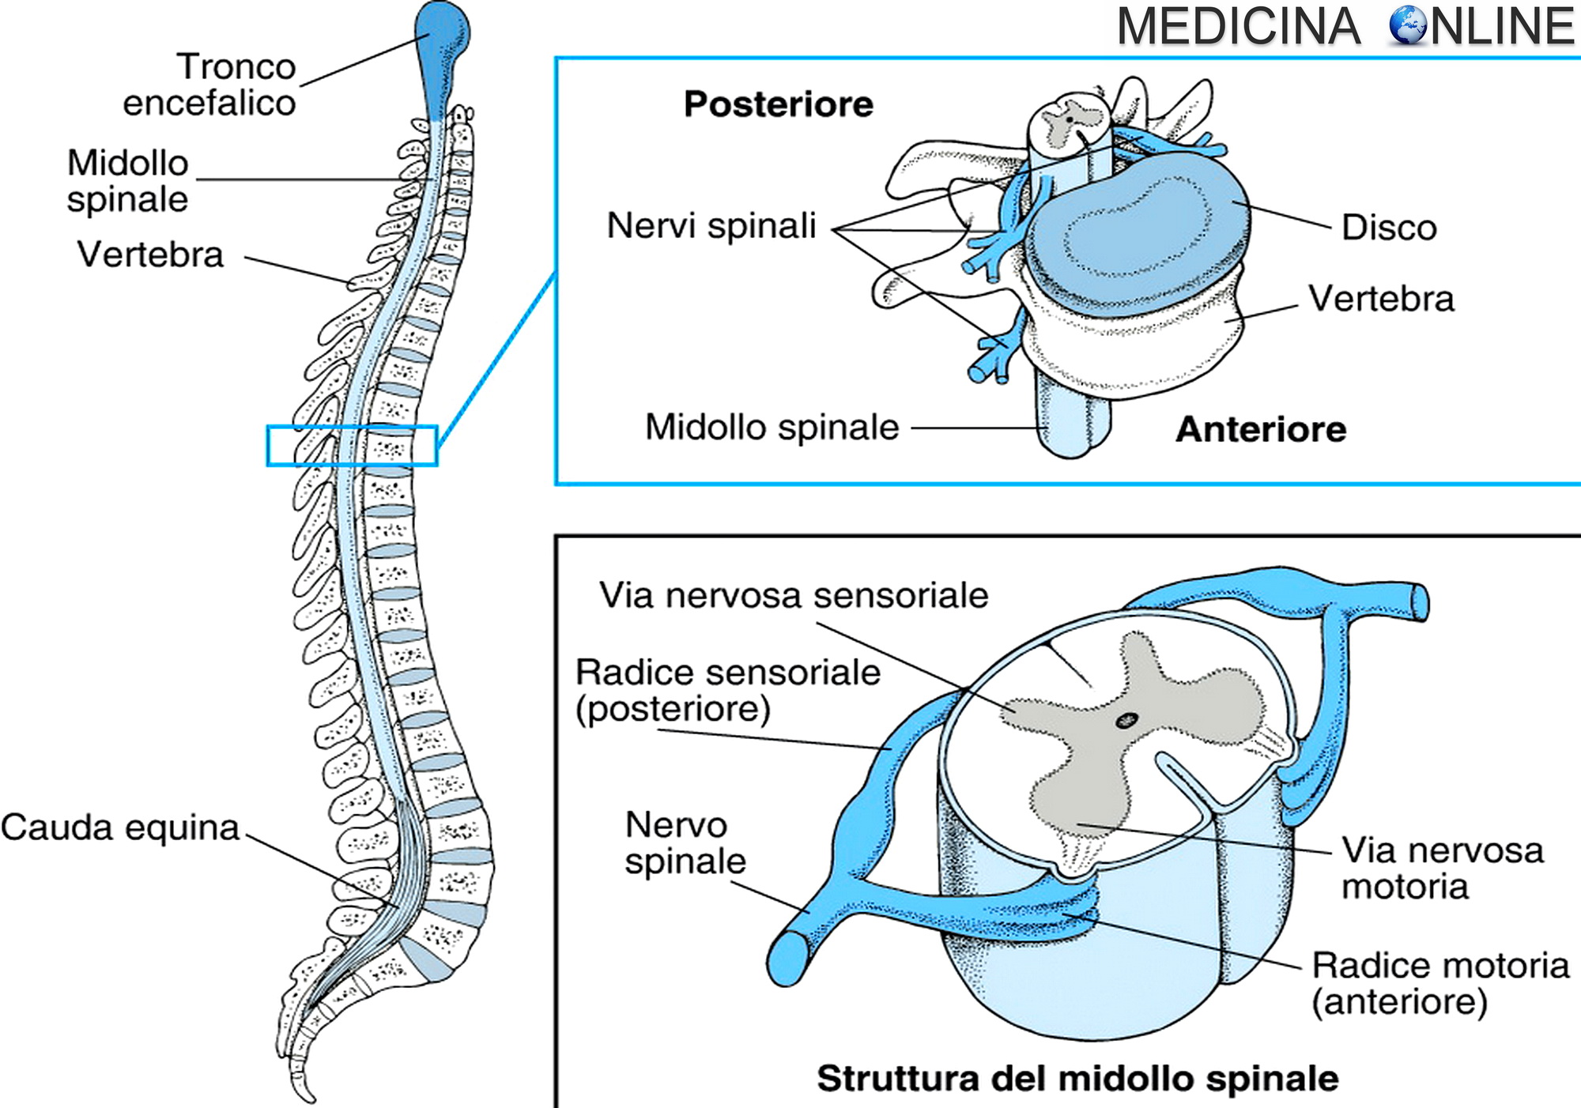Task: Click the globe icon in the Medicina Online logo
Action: pos(1407,25)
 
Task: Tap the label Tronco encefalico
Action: pos(209,85)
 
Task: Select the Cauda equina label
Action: pos(120,828)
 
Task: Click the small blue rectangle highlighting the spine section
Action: pos(352,446)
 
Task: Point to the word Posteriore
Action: pos(778,104)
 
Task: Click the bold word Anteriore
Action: pos(1260,429)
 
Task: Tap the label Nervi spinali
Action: pos(711,226)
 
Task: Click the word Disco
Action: pos(1388,228)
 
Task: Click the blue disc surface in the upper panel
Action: pos(1138,229)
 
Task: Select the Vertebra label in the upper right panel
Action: pos(1380,299)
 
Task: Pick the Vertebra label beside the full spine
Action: pos(150,254)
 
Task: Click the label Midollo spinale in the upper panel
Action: pos(772,428)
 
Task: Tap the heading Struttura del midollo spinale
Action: pos(1077,1079)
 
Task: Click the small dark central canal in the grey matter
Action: pos(1126,720)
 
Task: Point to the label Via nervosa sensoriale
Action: pos(793,595)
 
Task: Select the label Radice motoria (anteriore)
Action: pos(1439,983)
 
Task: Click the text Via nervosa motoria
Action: pos(1442,868)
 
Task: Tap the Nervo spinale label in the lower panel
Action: pos(685,842)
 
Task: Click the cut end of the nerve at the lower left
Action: pos(787,958)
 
